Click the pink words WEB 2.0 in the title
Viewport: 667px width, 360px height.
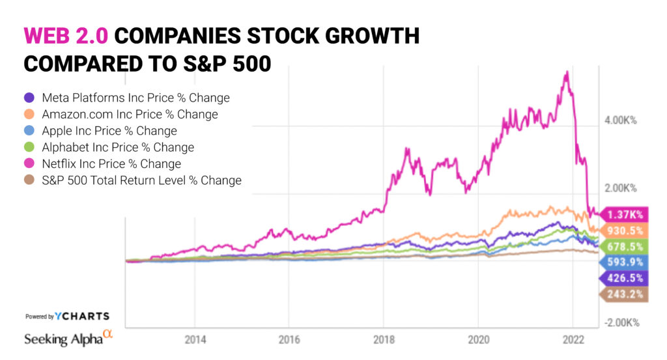click(x=66, y=36)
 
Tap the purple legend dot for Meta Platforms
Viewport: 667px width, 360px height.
click(x=29, y=98)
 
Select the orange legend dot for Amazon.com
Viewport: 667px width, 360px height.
click(x=29, y=115)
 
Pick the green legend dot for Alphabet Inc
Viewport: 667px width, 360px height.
click(x=29, y=148)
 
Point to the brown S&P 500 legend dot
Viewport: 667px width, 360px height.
click(x=29, y=180)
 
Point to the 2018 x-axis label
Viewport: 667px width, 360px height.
click(x=384, y=339)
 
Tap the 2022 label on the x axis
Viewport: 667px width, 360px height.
click(x=573, y=339)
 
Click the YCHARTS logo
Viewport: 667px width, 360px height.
click(x=82, y=316)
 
